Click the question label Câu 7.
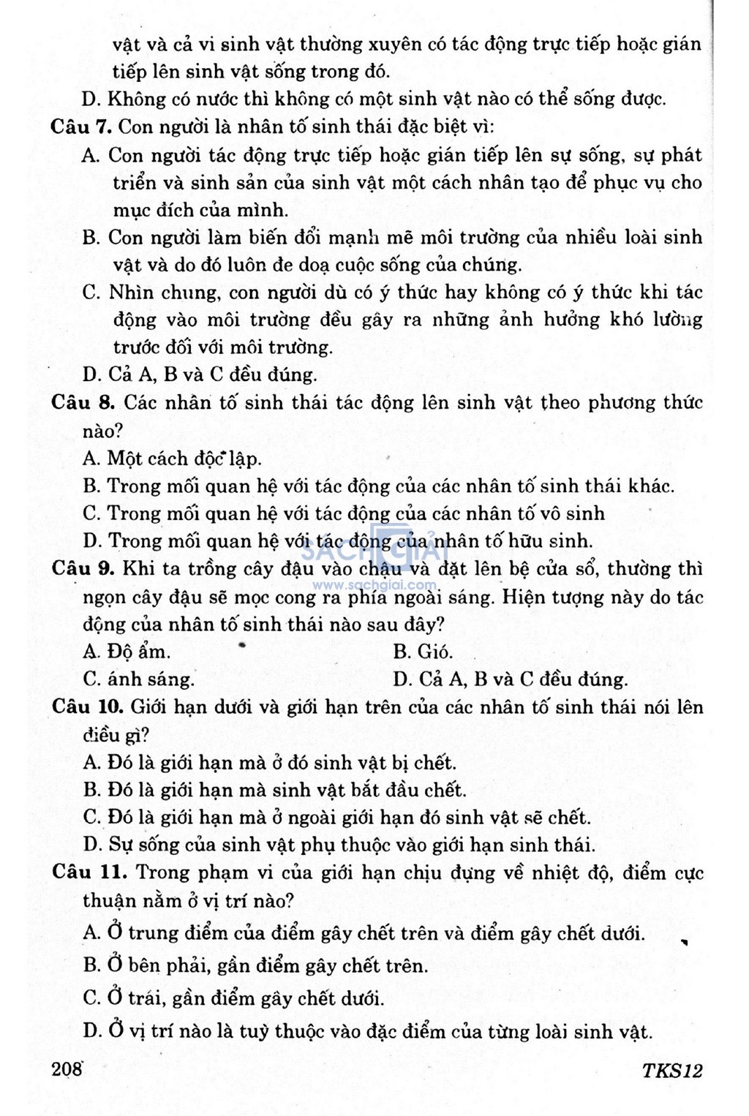tap(80, 127)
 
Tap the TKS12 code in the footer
tap(672, 1071)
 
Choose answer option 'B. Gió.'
tap(423, 652)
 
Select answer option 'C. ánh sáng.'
tap(139, 679)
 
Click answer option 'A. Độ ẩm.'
tap(127, 652)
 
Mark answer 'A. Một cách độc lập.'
tap(172, 459)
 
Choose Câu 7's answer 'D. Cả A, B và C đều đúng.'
tap(200, 375)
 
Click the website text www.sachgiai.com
tap(375, 585)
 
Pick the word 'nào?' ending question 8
tap(102, 431)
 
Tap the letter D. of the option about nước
tap(91, 99)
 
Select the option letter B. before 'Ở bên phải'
tap(91, 965)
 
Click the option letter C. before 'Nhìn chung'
tap(91, 293)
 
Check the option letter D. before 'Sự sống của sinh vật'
tap(91, 845)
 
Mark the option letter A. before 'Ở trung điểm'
tap(91, 933)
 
